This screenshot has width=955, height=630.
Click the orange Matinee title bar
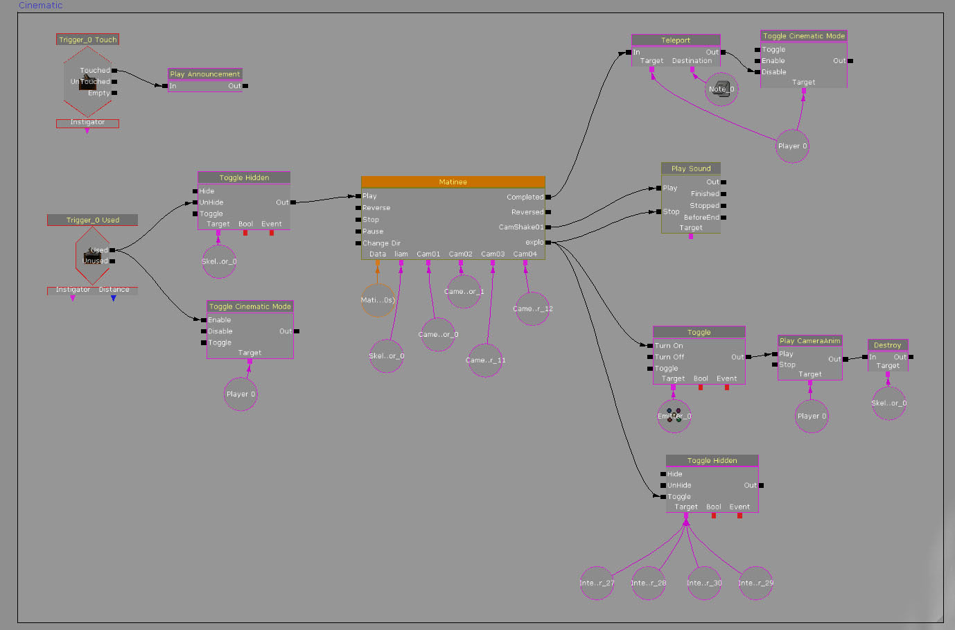(x=453, y=182)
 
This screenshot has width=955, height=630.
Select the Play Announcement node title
(x=205, y=74)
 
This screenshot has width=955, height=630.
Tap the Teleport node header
(x=675, y=40)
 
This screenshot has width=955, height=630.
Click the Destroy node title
(x=887, y=345)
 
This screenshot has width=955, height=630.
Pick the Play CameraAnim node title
(x=809, y=341)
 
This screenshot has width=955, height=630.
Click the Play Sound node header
(x=690, y=168)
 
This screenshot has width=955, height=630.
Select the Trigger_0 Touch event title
(x=87, y=40)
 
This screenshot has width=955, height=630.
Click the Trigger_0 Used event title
(x=92, y=220)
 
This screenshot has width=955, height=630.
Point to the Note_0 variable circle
(x=721, y=89)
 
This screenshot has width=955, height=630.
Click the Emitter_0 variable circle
(x=674, y=416)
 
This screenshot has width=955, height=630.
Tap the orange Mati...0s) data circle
(x=378, y=300)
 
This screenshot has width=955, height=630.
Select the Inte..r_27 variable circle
(x=597, y=583)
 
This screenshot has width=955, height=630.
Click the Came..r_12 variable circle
(x=532, y=309)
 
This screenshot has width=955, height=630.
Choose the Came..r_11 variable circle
(x=485, y=360)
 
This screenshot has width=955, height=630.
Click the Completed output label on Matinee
(x=525, y=198)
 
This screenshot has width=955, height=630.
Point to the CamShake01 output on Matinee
(x=520, y=227)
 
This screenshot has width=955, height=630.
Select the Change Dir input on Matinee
(x=381, y=243)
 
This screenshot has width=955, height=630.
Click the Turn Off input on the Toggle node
(x=669, y=357)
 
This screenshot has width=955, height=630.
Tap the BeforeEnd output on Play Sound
(x=701, y=218)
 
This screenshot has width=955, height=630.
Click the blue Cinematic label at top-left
(x=40, y=6)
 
